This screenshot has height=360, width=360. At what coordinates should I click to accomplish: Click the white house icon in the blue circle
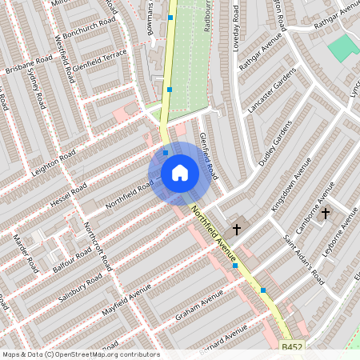179,173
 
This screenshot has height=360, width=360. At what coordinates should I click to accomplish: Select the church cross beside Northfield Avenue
237,230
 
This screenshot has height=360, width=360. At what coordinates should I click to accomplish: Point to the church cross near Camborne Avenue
325,214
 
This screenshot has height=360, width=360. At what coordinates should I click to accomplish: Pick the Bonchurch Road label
90,35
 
